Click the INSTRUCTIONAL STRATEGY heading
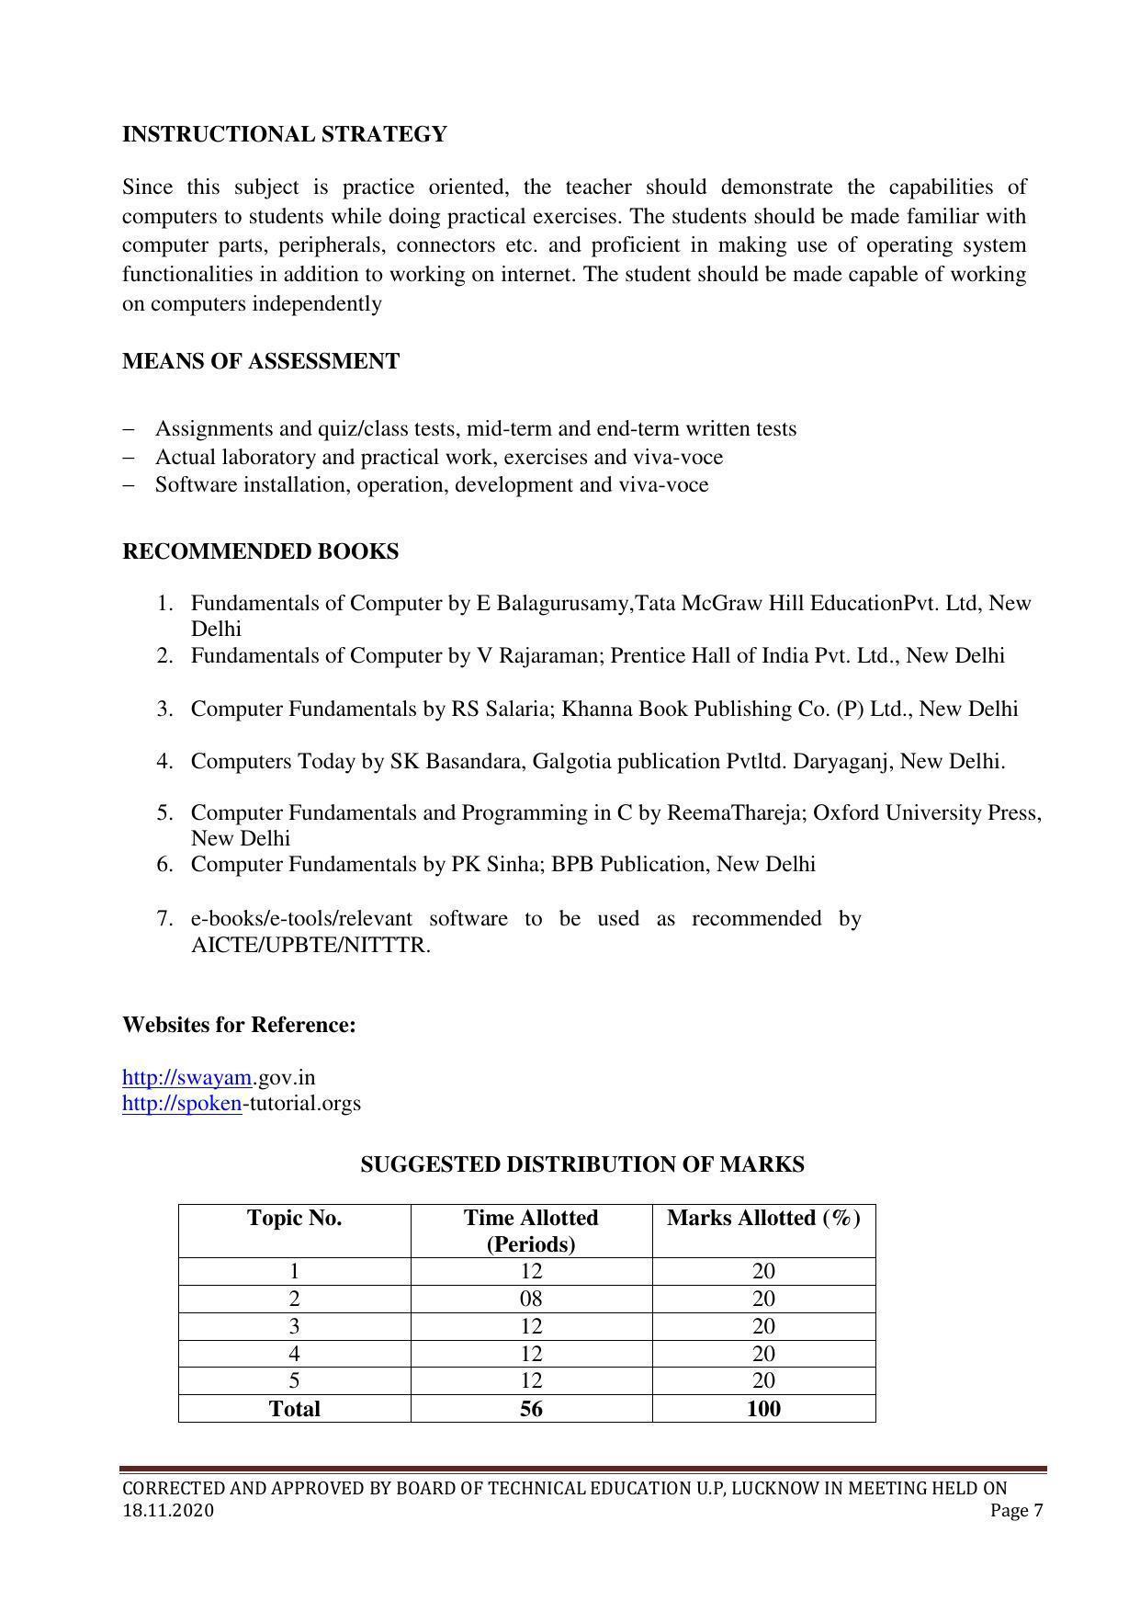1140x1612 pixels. [285, 134]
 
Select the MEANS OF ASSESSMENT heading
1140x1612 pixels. [261, 361]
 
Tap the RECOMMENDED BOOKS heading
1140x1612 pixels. [261, 551]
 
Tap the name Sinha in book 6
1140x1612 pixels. [514, 865]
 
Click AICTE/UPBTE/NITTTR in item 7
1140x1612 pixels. [310, 946]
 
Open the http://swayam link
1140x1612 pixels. [186, 1077]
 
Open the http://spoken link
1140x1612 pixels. [182, 1103]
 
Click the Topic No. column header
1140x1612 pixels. [294, 1219]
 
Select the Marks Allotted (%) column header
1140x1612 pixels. [763, 1219]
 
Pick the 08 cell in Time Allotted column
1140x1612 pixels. [531, 1299]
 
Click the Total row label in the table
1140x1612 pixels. [294, 1409]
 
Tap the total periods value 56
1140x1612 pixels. [531, 1409]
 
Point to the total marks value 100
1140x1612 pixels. [763, 1409]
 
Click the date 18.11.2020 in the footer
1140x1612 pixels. [168, 1511]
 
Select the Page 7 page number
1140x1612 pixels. [1017, 1511]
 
